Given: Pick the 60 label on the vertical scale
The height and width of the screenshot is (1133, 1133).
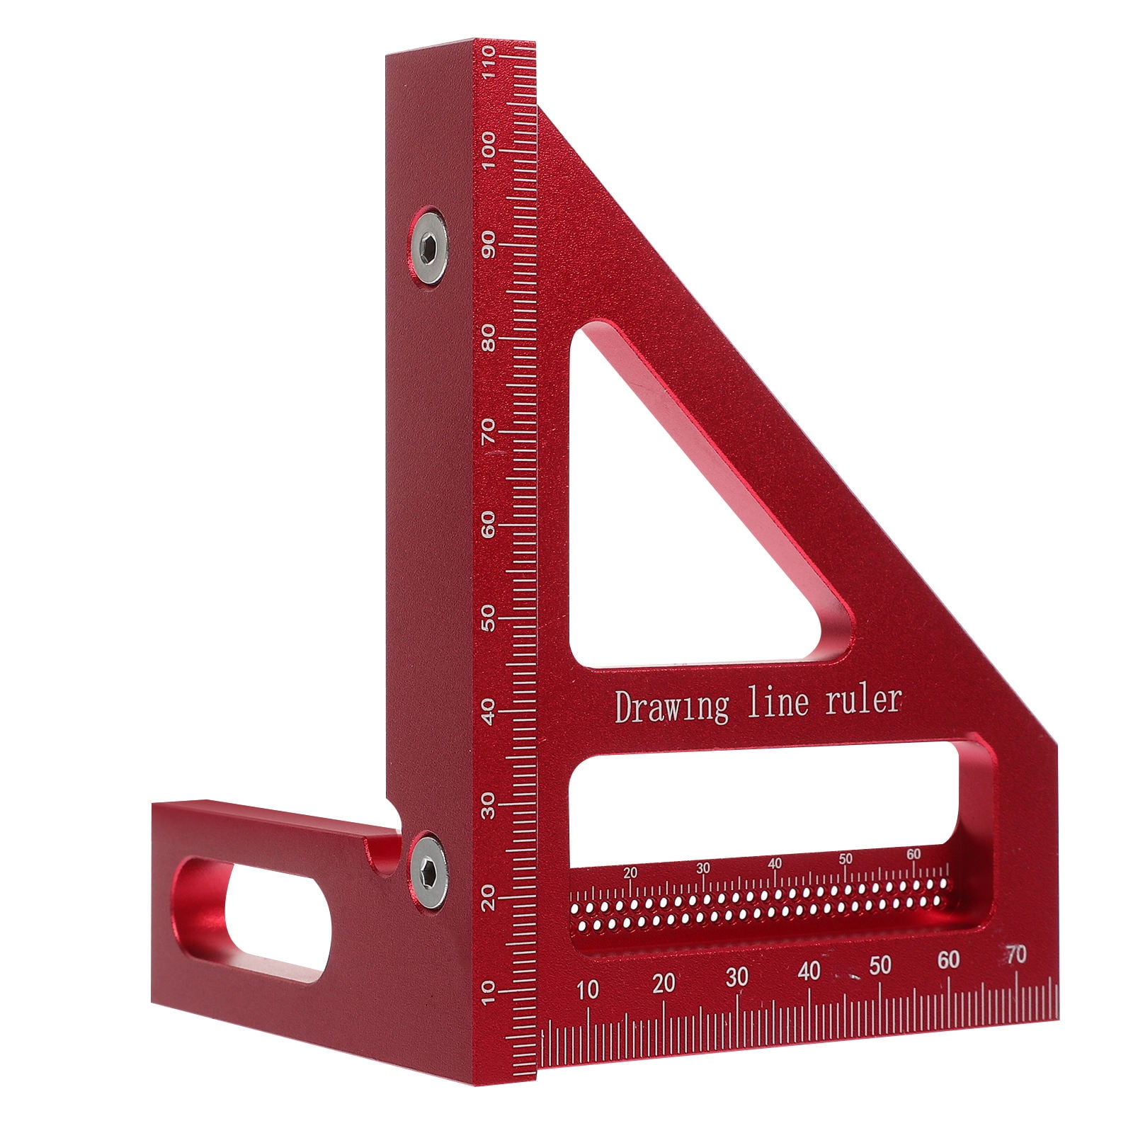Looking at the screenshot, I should [487, 525].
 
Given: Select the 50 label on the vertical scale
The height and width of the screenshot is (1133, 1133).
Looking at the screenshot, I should [487, 618].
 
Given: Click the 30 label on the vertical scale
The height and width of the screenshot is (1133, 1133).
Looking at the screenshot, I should [487, 804].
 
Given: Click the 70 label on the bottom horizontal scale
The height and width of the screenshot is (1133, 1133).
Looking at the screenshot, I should [1016, 955].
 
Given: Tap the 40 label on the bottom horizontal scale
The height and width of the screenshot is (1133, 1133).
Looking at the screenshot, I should [809, 971].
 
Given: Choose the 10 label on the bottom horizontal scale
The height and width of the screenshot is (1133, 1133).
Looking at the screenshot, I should [588, 989].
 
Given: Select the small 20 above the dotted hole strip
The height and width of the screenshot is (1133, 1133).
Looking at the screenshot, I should [630, 873].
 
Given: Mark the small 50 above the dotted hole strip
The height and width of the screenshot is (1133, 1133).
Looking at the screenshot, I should [845, 859].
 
